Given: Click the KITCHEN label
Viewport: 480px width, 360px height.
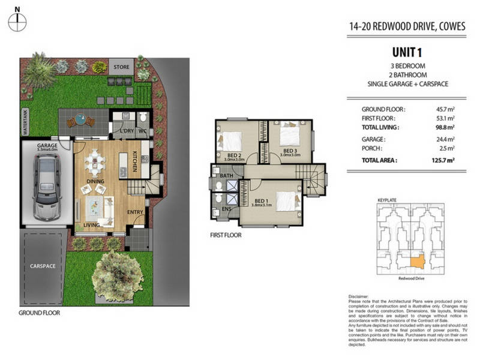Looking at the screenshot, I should tap(135, 162).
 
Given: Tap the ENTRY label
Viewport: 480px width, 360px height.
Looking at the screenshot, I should tap(136, 211).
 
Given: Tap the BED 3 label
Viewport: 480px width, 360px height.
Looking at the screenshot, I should tap(290, 151).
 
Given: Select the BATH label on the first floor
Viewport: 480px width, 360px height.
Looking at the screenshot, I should tap(226, 176).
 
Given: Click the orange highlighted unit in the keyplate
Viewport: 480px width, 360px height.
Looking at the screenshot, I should tap(415, 260).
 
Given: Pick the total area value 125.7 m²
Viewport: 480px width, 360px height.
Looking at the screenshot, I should tap(442, 161).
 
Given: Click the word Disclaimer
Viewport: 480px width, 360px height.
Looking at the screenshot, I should tap(360, 297).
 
